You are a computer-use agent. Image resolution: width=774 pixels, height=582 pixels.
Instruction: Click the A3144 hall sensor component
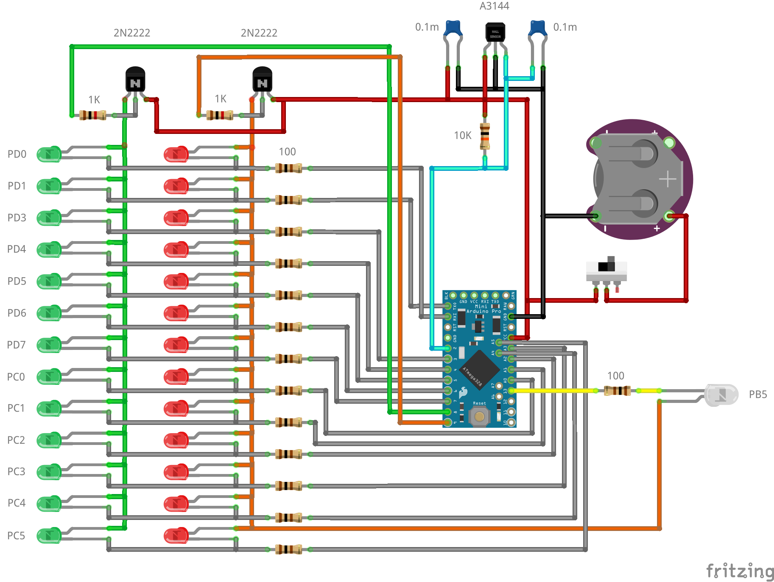pyautogui.click(x=495, y=32)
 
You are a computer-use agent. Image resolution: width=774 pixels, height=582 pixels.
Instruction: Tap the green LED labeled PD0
pyautogui.click(x=49, y=154)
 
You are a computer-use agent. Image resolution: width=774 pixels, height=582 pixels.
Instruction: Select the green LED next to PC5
pyautogui.click(x=49, y=535)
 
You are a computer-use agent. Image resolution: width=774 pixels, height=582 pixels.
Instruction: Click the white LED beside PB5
pyautogui.click(x=721, y=395)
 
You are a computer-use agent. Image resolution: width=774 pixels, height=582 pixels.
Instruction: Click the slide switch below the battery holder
pyautogui.click(x=606, y=271)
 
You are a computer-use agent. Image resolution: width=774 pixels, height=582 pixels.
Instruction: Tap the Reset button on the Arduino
pyautogui.click(x=479, y=416)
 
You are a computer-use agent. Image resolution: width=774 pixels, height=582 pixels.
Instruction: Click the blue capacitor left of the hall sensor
pyautogui.click(x=453, y=28)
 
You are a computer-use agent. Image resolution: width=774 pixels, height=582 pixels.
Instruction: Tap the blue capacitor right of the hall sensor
pyautogui.click(x=538, y=28)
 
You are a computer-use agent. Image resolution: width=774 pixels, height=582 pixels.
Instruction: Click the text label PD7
pyautogui.click(x=16, y=345)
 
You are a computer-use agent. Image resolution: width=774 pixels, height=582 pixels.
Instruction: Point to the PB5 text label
pyautogui.click(x=758, y=394)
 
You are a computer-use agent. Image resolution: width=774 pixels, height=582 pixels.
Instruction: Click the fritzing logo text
pyautogui.click(x=739, y=571)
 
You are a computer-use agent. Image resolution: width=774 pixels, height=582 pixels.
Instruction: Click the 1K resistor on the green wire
pyautogui.click(x=93, y=115)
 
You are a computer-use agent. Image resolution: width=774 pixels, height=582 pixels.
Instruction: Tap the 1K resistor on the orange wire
pyautogui.click(x=220, y=115)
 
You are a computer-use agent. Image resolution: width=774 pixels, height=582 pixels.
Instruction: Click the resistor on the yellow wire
pyautogui.click(x=617, y=391)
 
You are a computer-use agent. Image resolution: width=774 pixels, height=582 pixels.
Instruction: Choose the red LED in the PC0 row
pyautogui.click(x=176, y=377)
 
